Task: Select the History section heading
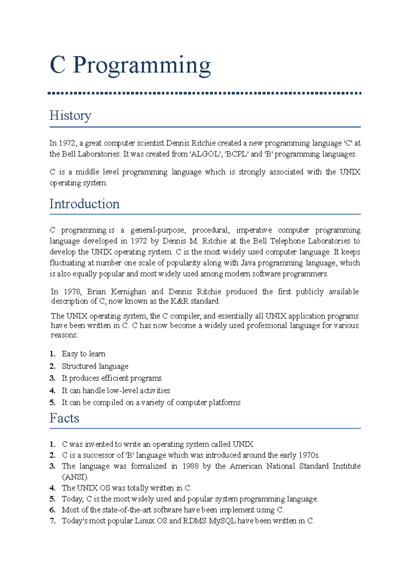(70, 116)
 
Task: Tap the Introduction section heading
(84, 204)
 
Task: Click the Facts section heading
(64, 418)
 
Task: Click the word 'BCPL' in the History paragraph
(236, 154)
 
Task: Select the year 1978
(72, 292)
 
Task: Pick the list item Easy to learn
(83, 354)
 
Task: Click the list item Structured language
(95, 366)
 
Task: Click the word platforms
(224, 402)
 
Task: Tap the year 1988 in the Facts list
(190, 466)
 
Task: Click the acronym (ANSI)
(75, 477)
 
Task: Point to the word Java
(248, 263)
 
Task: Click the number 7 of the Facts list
(52, 521)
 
